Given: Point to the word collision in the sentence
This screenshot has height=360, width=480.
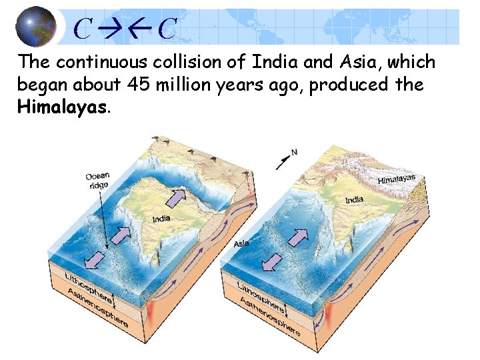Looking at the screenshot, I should point(189,63).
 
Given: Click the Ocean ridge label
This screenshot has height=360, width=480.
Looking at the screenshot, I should point(97,180).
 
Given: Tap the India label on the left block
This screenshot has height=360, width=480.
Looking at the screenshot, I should point(161,219).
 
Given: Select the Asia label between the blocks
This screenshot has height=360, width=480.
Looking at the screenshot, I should point(241,243).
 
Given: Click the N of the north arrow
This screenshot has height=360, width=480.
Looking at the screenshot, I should point(294,153).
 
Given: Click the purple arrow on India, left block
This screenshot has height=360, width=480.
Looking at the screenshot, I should point(176,198).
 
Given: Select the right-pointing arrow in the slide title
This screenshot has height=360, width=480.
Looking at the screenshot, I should point(107,28).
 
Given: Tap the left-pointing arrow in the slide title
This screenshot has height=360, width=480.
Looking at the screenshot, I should point(141,28).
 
